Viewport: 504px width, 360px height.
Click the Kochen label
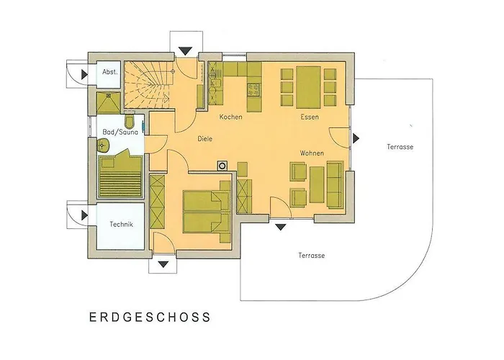(230, 117)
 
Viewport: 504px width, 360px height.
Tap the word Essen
(310, 117)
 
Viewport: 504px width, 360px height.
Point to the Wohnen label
(312, 153)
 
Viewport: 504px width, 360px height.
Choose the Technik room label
(122, 225)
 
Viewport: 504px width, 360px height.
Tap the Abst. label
(110, 72)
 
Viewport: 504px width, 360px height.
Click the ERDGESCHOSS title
(150, 316)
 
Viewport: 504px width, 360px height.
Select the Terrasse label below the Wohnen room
(311, 256)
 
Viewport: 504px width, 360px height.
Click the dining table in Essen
(308, 81)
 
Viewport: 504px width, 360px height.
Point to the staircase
(150, 84)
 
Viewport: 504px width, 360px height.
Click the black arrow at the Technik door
(84, 213)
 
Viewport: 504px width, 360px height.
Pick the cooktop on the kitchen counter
(253, 89)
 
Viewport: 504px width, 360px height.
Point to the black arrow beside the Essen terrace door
(357, 138)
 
